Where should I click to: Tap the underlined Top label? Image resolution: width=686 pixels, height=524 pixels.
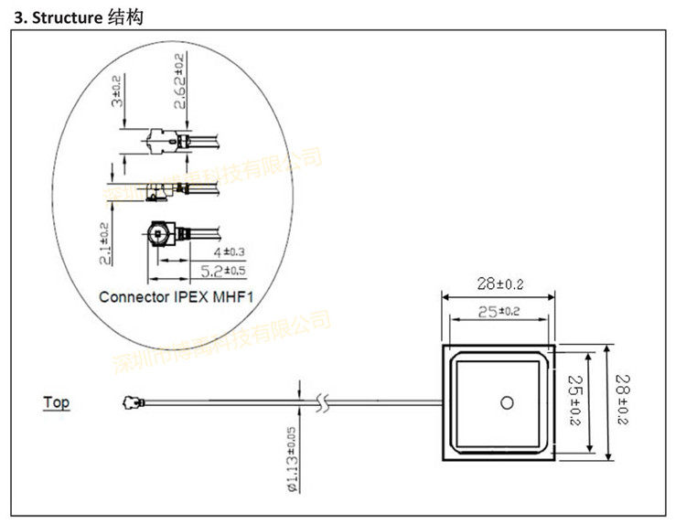(x=56, y=401)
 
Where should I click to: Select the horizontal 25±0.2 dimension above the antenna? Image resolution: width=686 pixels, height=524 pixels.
(x=498, y=312)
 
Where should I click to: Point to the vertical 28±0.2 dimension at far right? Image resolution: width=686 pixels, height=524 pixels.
(x=624, y=400)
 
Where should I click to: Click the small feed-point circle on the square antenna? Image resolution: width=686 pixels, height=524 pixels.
(x=506, y=401)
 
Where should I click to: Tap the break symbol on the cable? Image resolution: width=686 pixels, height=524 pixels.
(x=319, y=401)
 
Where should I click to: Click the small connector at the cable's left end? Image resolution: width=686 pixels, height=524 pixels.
(x=130, y=401)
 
